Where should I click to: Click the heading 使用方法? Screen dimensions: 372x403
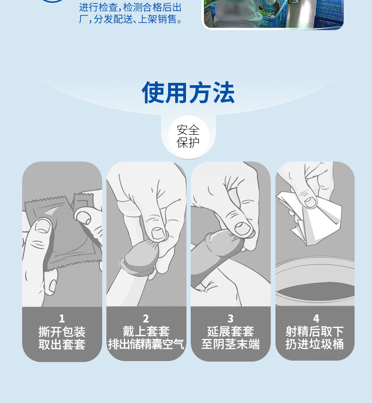pos(188,93)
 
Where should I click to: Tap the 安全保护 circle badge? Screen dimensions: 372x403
pos(188,136)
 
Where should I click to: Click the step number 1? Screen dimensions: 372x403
pos(62,319)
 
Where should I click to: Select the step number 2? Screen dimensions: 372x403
pos(146,319)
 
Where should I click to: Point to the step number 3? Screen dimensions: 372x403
pos(230,319)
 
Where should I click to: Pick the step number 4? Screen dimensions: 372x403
pos(316,319)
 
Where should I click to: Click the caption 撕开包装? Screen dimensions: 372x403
pos(62,331)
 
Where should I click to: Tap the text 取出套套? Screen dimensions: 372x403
pos(62,345)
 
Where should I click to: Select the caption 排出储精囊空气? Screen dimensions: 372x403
pos(146,344)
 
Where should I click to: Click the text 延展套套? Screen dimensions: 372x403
pos(231,331)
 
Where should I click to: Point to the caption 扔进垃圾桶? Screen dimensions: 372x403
pos(315,344)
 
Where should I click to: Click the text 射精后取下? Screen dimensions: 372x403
pos(315,331)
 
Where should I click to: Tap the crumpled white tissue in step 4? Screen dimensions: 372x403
pos(314,218)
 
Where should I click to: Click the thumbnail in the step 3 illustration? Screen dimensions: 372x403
pos(243,228)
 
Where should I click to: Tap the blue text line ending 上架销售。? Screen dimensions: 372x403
pos(130,19)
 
